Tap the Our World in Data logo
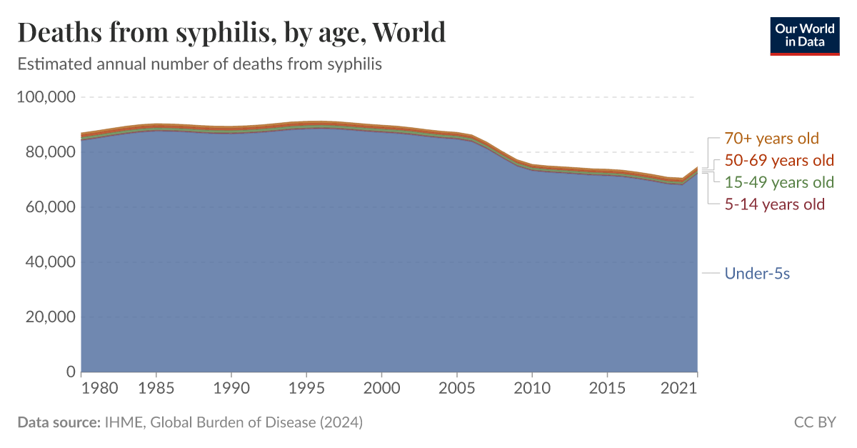pyautogui.click(x=805, y=36)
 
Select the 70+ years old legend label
pyautogui.click(x=771, y=139)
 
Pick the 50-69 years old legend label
pyautogui.click(x=778, y=160)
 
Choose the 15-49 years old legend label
pyautogui.click(x=778, y=182)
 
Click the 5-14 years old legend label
pyautogui.click(x=774, y=204)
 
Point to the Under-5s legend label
pyautogui.click(x=757, y=273)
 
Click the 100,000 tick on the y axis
pyautogui.click(x=46, y=97)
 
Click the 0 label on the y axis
pyautogui.click(x=71, y=372)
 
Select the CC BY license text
pyautogui.click(x=815, y=422)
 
